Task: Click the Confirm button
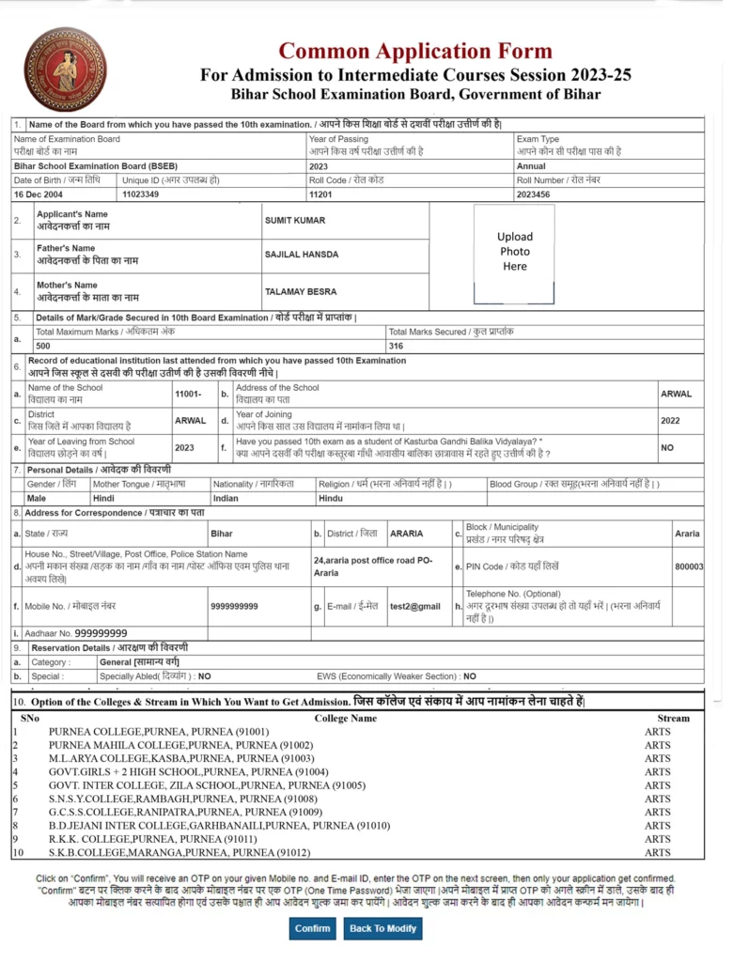pos(313,928)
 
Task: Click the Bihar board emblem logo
pos(65,70)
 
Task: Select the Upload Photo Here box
pos(514,252)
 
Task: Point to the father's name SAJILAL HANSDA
pos(302,255)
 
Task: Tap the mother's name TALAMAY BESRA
pos(301,291)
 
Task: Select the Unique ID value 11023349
pos(141,194)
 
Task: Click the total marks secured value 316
pos(396,345)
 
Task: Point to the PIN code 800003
pos(689,566)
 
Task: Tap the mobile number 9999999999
pos(235,607)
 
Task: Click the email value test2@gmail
pos(415,607)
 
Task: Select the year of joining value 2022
pos(670,421)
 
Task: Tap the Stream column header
pos(673,718)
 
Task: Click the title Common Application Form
pos(415,51)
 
